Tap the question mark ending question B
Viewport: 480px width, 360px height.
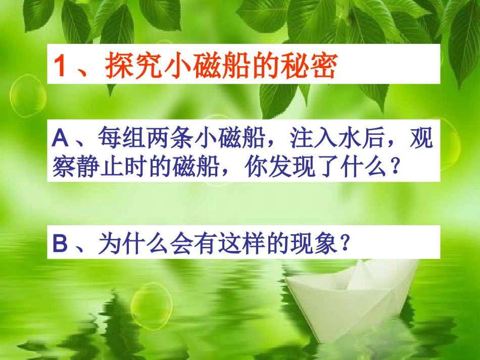[x=344, y=245]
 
